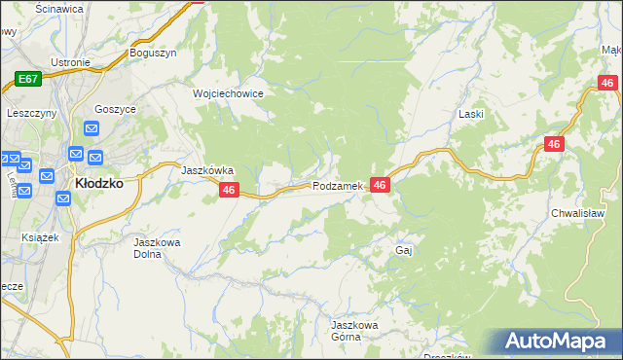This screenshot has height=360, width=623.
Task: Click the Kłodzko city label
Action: click(98, 183)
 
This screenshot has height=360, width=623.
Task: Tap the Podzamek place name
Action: click(338, 186)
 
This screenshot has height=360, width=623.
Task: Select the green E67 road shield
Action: click(27, 79)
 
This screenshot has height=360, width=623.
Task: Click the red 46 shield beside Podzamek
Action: click(380, 185)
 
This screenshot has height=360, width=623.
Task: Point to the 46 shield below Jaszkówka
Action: click(229, 192)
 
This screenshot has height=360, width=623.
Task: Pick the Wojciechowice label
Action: click(229, 93)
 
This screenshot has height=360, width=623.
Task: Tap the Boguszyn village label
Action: click(153, 54)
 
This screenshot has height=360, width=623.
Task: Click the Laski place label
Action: click(471, 114)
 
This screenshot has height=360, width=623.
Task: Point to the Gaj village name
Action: click(405, 250)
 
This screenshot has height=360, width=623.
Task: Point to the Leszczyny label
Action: click(30, 113)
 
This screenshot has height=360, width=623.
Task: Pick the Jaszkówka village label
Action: click(207, 169)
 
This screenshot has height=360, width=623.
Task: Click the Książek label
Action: click(41, 237)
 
